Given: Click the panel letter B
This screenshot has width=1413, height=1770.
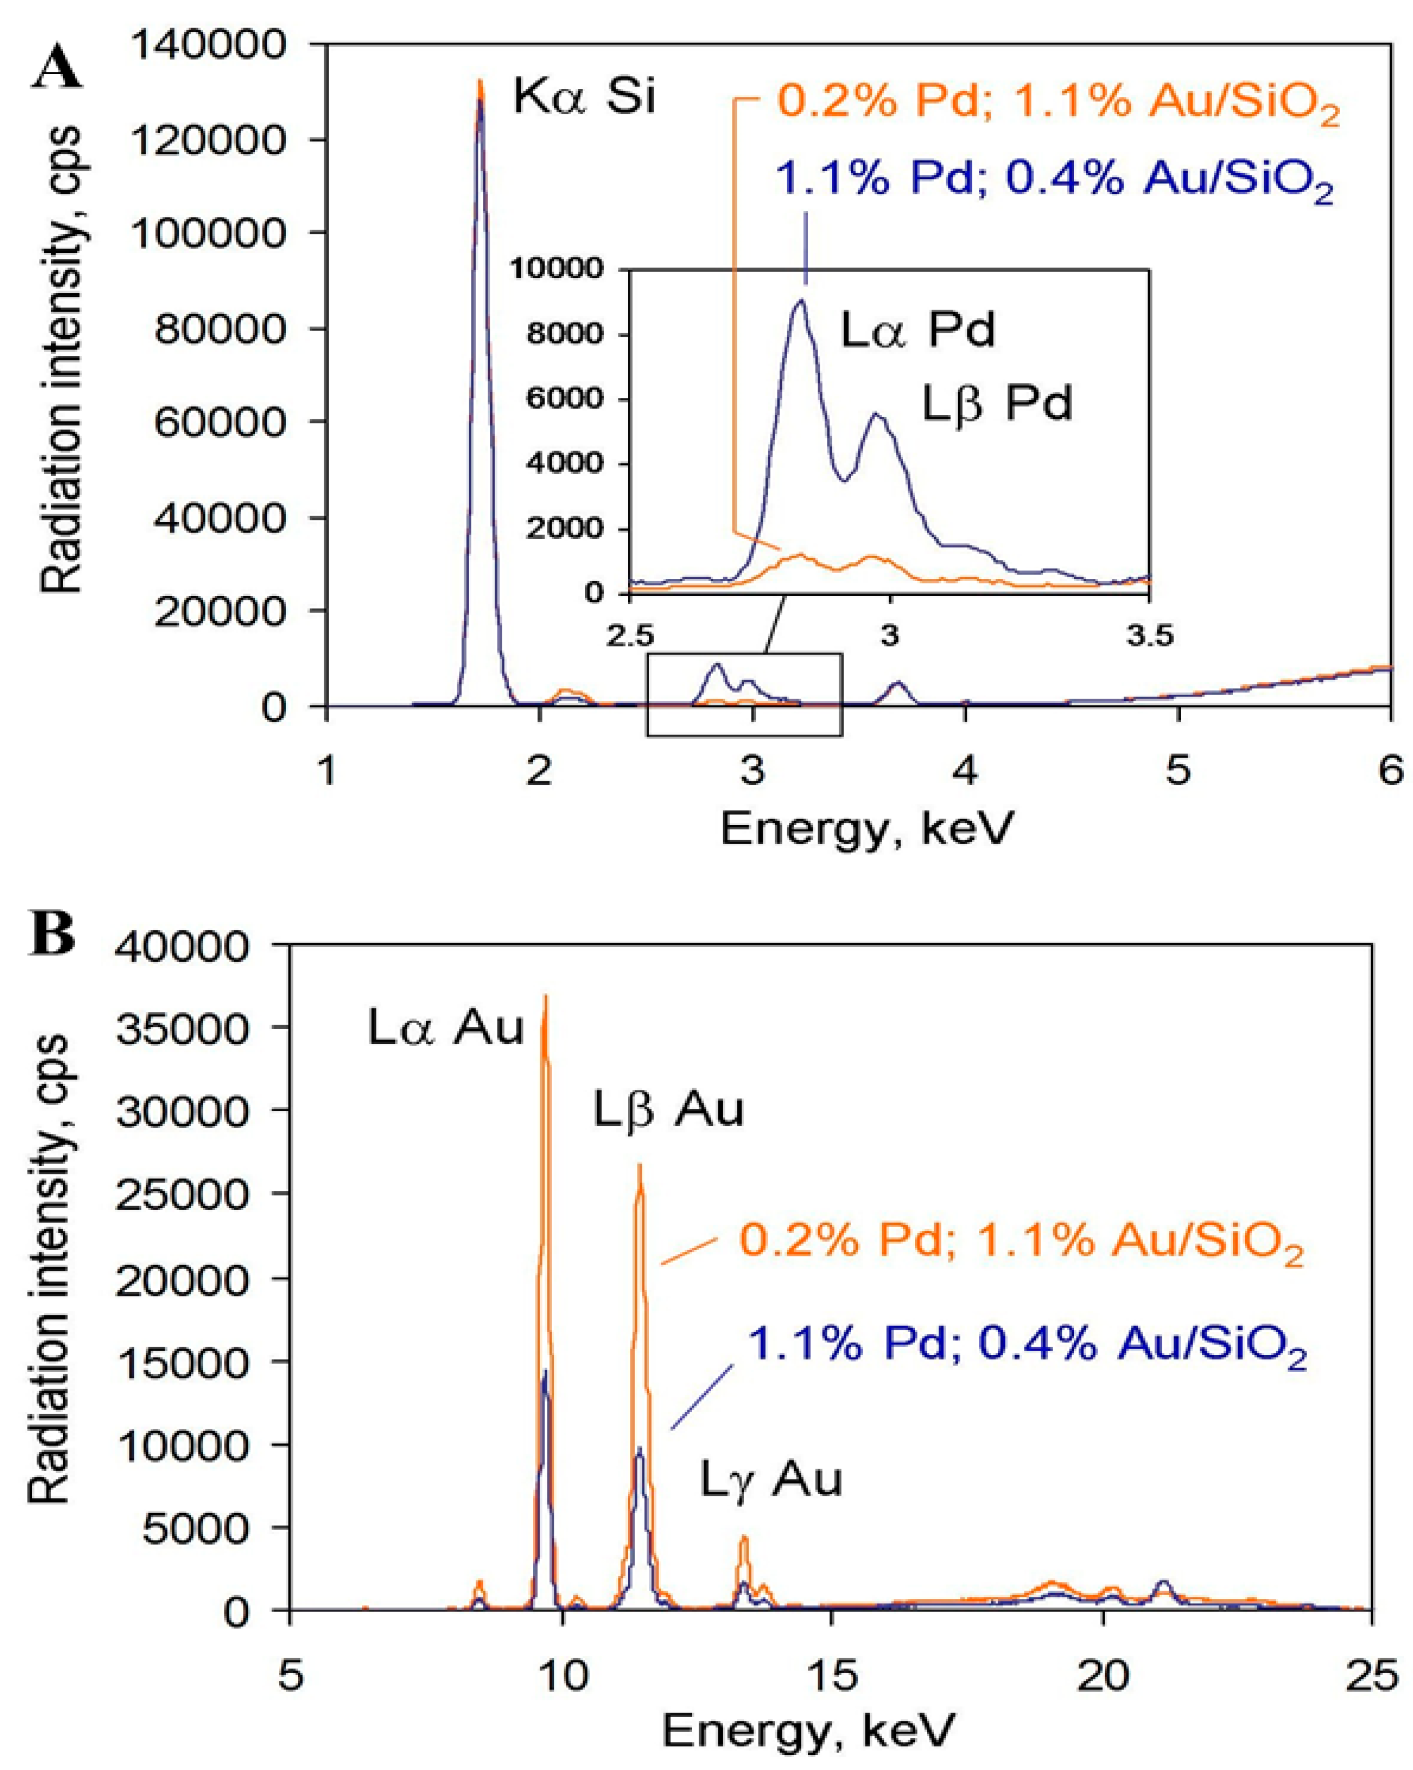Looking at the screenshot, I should click(x=51, y=935).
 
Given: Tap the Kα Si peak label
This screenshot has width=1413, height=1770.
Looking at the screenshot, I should click(x=584, y=97).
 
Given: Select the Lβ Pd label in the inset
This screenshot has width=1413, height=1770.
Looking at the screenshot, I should click(x=996, y=404).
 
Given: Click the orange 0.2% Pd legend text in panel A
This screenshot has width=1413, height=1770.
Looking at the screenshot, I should click(x=1057, y=103).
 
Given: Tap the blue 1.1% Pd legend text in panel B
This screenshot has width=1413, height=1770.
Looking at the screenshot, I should click(x=1026, y=1344).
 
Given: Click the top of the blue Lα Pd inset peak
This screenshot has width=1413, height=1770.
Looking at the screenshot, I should click(x=800, y=301).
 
